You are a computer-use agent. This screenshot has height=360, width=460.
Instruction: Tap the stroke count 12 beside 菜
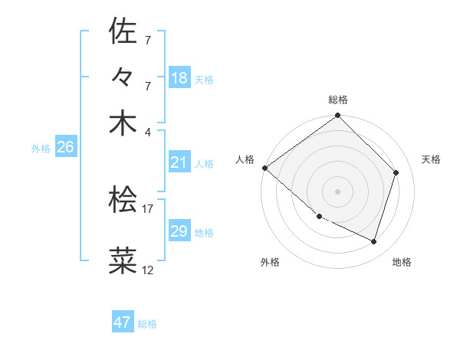click(148, 270)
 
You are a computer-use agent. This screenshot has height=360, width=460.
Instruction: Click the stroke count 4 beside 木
click(148, 132)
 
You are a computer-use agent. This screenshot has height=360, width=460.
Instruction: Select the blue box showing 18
click(179, 77)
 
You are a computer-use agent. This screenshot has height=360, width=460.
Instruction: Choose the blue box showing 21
click(179, 162)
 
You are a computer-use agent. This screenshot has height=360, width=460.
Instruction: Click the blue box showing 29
click(179, 231)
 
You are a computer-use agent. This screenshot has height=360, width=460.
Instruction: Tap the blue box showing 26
click(65, 148)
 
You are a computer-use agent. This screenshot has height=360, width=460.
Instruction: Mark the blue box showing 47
click(123, 322)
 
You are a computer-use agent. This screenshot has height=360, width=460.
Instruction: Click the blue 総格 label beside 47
click(147, 324)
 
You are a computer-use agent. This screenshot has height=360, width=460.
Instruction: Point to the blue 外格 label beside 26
click(41, 149)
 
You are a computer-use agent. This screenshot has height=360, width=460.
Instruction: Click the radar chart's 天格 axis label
click(431, 159)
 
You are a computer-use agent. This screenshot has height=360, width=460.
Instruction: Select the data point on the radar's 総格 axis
click(338, 116)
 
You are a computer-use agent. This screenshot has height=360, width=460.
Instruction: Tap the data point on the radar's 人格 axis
click(264, 168)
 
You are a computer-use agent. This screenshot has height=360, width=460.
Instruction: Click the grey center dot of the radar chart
click(338, 191)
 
